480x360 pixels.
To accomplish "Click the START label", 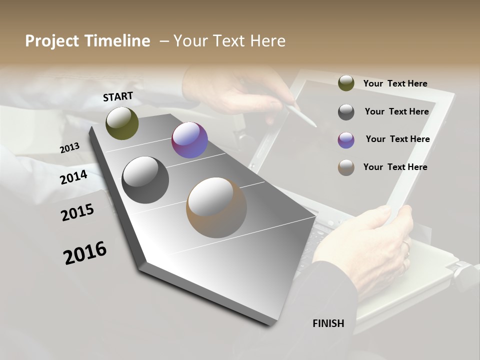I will [x=118, y=96].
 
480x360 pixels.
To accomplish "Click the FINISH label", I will [x=328, y=323].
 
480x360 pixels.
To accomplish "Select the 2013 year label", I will [x=70, y=148].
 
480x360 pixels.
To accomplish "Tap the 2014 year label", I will [x=74, y=177].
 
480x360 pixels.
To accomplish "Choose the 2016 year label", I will [x=85, y=253].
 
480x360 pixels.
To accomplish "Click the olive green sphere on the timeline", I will [x=122, y=123].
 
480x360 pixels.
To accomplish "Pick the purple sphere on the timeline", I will [x=189, y=140].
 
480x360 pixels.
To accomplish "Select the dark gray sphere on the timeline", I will [x=145, y=180].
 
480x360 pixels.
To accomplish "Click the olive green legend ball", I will [x=346, y=83].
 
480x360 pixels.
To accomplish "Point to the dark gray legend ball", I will [x=346, y=112].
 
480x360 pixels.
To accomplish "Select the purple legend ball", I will [x=346, y=140].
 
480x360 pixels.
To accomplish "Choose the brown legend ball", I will [x=346, y=167].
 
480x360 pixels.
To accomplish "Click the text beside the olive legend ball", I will [x=395, y=83].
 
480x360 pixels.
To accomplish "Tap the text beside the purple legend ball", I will [x=397, y=139].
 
